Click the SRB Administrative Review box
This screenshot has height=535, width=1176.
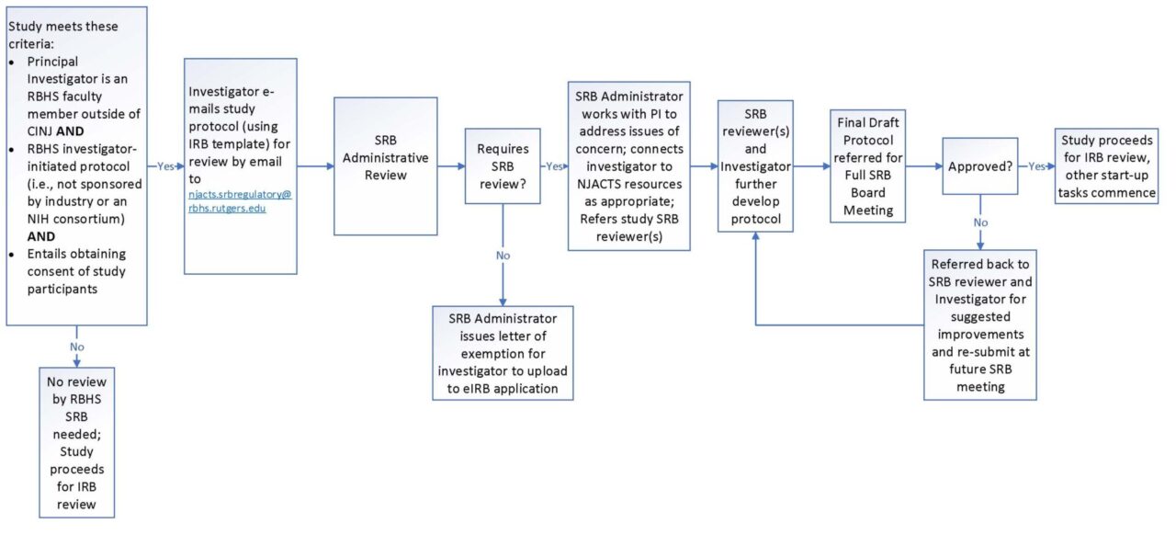385,166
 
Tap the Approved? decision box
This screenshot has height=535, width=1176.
980,166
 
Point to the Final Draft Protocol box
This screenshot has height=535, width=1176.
868,166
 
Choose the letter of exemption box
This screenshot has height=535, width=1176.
503,352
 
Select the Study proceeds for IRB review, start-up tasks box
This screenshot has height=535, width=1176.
1106,166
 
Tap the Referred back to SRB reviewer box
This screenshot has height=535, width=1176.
980,324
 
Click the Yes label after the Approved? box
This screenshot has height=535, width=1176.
1036,166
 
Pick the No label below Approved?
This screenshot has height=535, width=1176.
980,222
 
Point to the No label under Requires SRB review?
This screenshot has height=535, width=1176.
503,255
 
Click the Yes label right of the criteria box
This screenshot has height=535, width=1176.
165,166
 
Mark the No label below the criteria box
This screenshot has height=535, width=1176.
76,346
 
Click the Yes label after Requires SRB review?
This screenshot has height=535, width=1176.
554,166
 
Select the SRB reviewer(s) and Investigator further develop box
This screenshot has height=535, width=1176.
755,166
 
